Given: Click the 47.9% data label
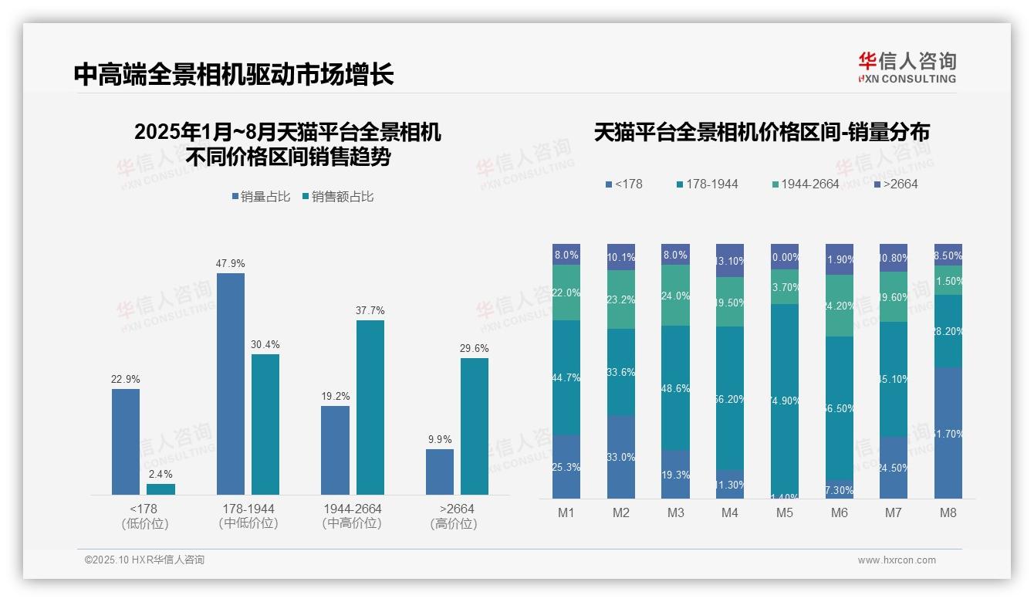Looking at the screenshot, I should tap(230, 264).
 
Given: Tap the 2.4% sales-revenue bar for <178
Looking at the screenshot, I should tap(161, 489).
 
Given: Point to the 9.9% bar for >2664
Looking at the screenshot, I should tap(440, 472).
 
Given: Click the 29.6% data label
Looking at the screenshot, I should tap(474, 349).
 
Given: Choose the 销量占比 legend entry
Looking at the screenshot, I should tap(261, 197).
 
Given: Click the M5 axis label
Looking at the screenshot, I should tap(785, 512).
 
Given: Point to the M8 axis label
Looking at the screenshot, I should tap(948, 512).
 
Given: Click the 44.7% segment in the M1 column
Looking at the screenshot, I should tap(566, 377).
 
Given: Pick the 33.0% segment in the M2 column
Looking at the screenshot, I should tap(621, 457).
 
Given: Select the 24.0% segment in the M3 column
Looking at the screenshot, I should tap(676, 295).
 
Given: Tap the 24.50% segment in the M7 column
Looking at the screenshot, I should tap(894, 468).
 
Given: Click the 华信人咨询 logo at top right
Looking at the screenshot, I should tap(907, 67).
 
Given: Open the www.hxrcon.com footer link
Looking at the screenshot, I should tap(897, 560).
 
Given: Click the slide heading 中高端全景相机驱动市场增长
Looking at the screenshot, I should tap(234, 74).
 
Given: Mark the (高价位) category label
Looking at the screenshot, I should tap(454, 524).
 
